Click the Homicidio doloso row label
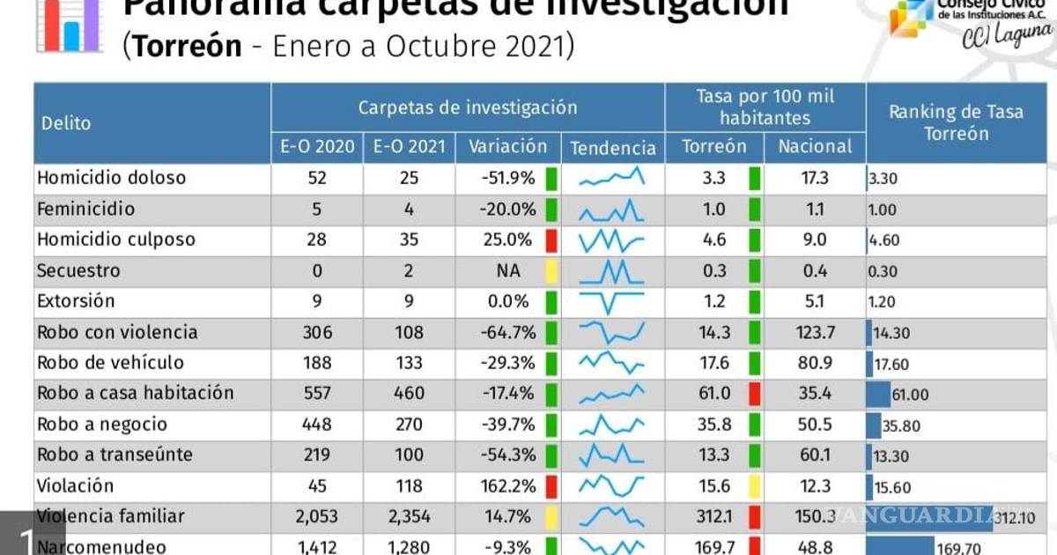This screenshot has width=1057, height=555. click(112, 178)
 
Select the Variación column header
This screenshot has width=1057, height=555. click(507, 146)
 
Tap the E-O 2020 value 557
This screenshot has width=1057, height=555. click(317, 394)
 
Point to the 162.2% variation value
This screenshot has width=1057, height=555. click(509, 486)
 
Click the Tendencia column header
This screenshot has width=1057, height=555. click(613, 147)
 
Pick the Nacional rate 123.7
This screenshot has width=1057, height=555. click(816, 332)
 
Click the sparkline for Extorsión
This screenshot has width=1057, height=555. click(612, 301)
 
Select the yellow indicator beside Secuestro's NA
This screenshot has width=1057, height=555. click(551, 270)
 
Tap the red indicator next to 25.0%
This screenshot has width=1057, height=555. click(551, 240)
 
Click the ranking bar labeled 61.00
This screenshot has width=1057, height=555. click(879, 394)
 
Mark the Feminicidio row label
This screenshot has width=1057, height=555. click(86, 209)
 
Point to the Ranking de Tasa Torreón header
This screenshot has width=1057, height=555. click(956, 122)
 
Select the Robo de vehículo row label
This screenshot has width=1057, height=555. click(111, 363)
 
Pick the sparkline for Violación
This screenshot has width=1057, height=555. click(612, 486)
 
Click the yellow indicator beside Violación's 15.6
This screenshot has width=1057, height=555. click(754, 486)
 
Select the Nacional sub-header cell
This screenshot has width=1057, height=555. click(815, 146)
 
